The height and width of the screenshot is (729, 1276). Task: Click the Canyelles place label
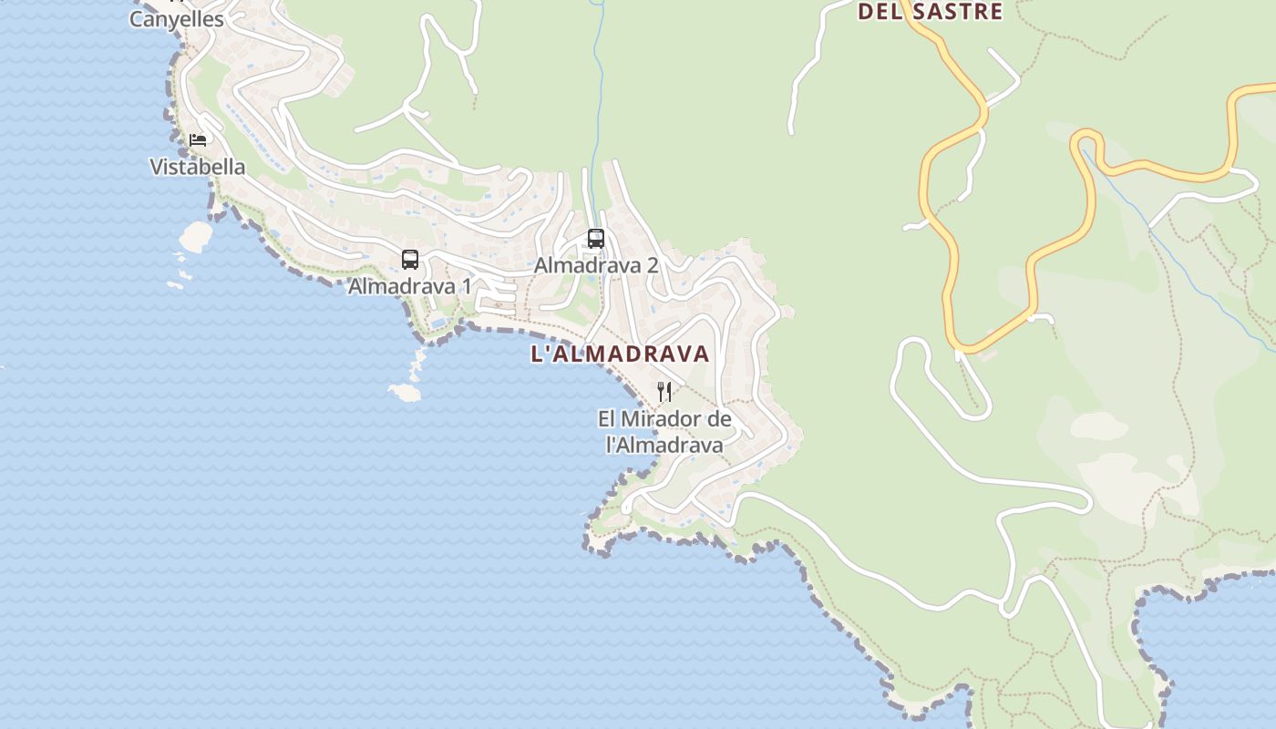click(176, 18)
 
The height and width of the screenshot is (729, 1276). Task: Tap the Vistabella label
click(197, 167)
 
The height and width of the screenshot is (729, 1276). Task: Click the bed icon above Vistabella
click(197, 140)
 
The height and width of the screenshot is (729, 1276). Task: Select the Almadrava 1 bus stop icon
click(410, 260)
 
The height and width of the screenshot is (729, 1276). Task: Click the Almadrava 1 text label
click(409, 286)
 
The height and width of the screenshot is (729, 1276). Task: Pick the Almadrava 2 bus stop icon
click(595, 239)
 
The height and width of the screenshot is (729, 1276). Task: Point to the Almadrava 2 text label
click(595, 265)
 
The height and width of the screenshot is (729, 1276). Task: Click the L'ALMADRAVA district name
click(620, 354)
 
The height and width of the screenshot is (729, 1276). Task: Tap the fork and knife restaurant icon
click(664, 392)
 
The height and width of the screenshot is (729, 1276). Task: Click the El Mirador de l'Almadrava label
click(664, 432)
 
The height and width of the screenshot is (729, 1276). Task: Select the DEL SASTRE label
click(931, 12)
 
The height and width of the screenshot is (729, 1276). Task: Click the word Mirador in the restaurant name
click(664, 419)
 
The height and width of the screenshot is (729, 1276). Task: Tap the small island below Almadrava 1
click(405, 392)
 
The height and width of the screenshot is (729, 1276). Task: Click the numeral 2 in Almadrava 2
click(652, 265)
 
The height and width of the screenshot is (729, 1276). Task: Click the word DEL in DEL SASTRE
click(879, 12)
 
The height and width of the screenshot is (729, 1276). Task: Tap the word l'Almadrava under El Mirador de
click(664, 445)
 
